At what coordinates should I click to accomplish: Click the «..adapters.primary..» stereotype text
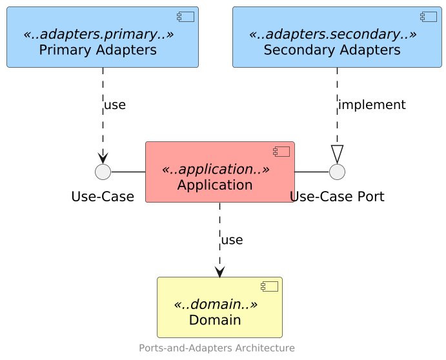[98, 34]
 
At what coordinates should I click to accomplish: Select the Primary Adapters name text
[97, 50]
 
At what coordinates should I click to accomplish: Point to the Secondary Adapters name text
[332, 50]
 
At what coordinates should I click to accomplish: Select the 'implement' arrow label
[372, 105]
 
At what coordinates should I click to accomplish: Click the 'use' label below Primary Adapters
[115, 105]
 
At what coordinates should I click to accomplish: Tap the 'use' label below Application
[232, 240]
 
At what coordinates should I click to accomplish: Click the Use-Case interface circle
[103, 172]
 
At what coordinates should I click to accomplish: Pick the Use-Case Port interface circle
[337, 172]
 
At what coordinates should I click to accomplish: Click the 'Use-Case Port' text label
[337, 197]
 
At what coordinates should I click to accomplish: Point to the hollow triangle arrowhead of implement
[337, 155]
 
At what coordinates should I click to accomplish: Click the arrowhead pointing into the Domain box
[219, 272]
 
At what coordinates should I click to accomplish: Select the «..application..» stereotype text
[215, 170]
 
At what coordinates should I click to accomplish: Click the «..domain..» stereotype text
[215, 305]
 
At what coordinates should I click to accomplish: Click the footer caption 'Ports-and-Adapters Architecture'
[217, 348]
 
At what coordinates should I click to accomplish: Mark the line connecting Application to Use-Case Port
[312, 172]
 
